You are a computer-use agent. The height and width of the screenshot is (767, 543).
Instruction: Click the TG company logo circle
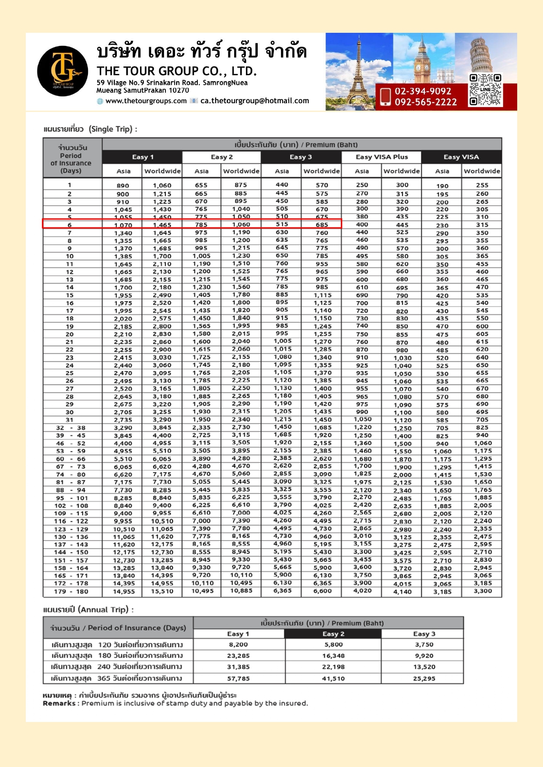point(63,71)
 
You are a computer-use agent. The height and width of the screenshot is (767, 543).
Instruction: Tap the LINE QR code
point(485,90)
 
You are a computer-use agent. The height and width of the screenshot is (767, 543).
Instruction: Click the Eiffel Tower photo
point(358,72)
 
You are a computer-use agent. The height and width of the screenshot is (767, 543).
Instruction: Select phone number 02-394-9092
point(423,91)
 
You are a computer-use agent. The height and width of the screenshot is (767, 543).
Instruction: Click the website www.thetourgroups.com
point(146,101)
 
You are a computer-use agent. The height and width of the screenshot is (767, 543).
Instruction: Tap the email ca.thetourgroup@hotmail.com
point(255,101)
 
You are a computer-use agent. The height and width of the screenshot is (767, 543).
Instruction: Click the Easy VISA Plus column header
point(382,157)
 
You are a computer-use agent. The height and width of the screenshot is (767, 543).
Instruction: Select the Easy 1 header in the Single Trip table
point(143,157)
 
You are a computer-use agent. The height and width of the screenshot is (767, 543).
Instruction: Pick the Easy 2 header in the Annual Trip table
point(333,634)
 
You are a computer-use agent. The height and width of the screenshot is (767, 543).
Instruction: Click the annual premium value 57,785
point(238,678)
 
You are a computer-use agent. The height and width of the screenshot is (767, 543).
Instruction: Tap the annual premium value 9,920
point(424,655)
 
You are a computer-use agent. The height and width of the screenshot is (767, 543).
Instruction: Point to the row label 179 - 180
point(71,592)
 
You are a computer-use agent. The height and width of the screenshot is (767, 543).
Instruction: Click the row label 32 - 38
point(71,428)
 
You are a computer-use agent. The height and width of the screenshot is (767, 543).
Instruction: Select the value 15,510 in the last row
point(162,592)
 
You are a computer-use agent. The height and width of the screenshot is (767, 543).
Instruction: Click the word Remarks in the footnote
point(59,703)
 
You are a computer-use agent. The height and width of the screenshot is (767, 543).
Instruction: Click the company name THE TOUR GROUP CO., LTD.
point(176,71)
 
